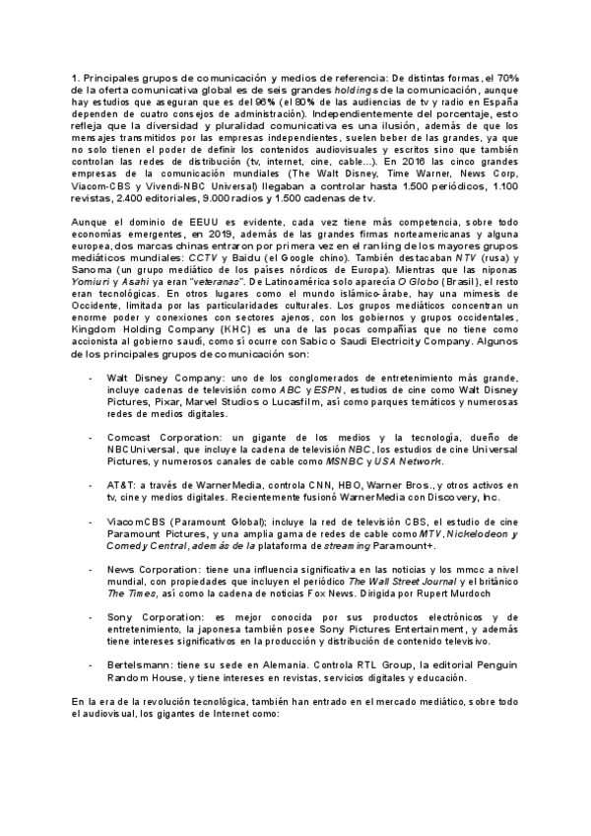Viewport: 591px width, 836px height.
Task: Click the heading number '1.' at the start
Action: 75,77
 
